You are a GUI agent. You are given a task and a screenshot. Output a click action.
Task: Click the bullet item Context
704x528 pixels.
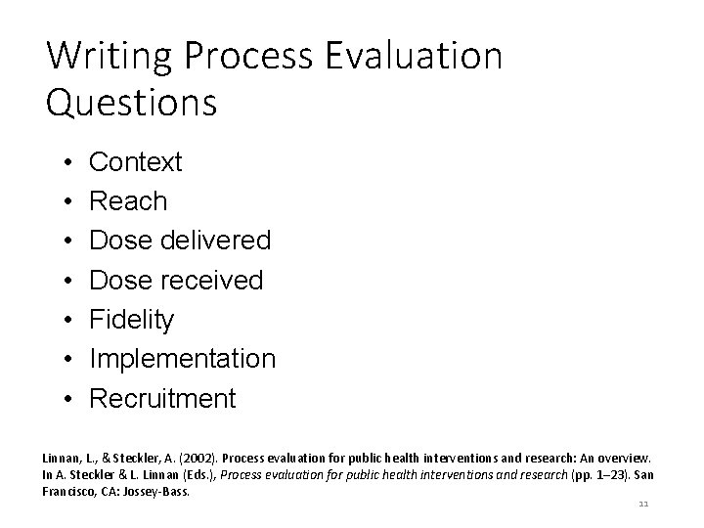135,161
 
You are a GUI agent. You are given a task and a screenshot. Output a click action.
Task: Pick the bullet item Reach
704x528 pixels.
128,201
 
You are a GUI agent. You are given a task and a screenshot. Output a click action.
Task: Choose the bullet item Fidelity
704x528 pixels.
132,320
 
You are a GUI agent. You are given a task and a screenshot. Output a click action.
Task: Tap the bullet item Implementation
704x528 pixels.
183,359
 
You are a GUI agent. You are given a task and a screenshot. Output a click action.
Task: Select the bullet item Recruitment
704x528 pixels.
162,399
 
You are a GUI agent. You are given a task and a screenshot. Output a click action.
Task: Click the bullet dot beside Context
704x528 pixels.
62,161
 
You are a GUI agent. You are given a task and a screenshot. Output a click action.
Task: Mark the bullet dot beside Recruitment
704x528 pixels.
62,399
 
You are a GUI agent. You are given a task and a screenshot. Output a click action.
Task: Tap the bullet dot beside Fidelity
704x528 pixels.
62,320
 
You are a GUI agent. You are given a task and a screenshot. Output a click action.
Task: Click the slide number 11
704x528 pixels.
642,506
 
